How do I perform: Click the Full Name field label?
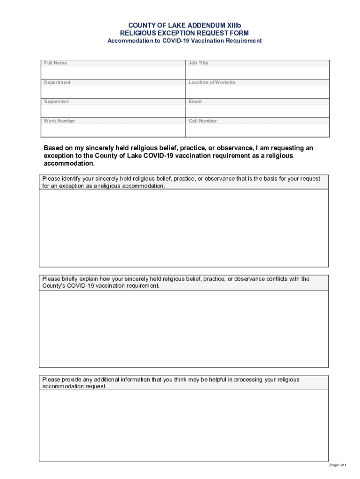[55, 63]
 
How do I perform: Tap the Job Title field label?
[199, 63]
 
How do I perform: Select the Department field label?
[57, 82]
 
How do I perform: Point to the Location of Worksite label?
[212, 82]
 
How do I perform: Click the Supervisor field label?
[56, 102]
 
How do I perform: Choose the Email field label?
[195, 102]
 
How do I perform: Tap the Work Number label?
[59, 121]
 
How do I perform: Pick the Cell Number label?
[203, 121]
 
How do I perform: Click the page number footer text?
[338, 465]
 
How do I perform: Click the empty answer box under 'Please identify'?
[184, 228]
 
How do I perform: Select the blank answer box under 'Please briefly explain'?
[184, 329]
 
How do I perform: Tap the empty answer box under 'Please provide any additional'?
[184, 426]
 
